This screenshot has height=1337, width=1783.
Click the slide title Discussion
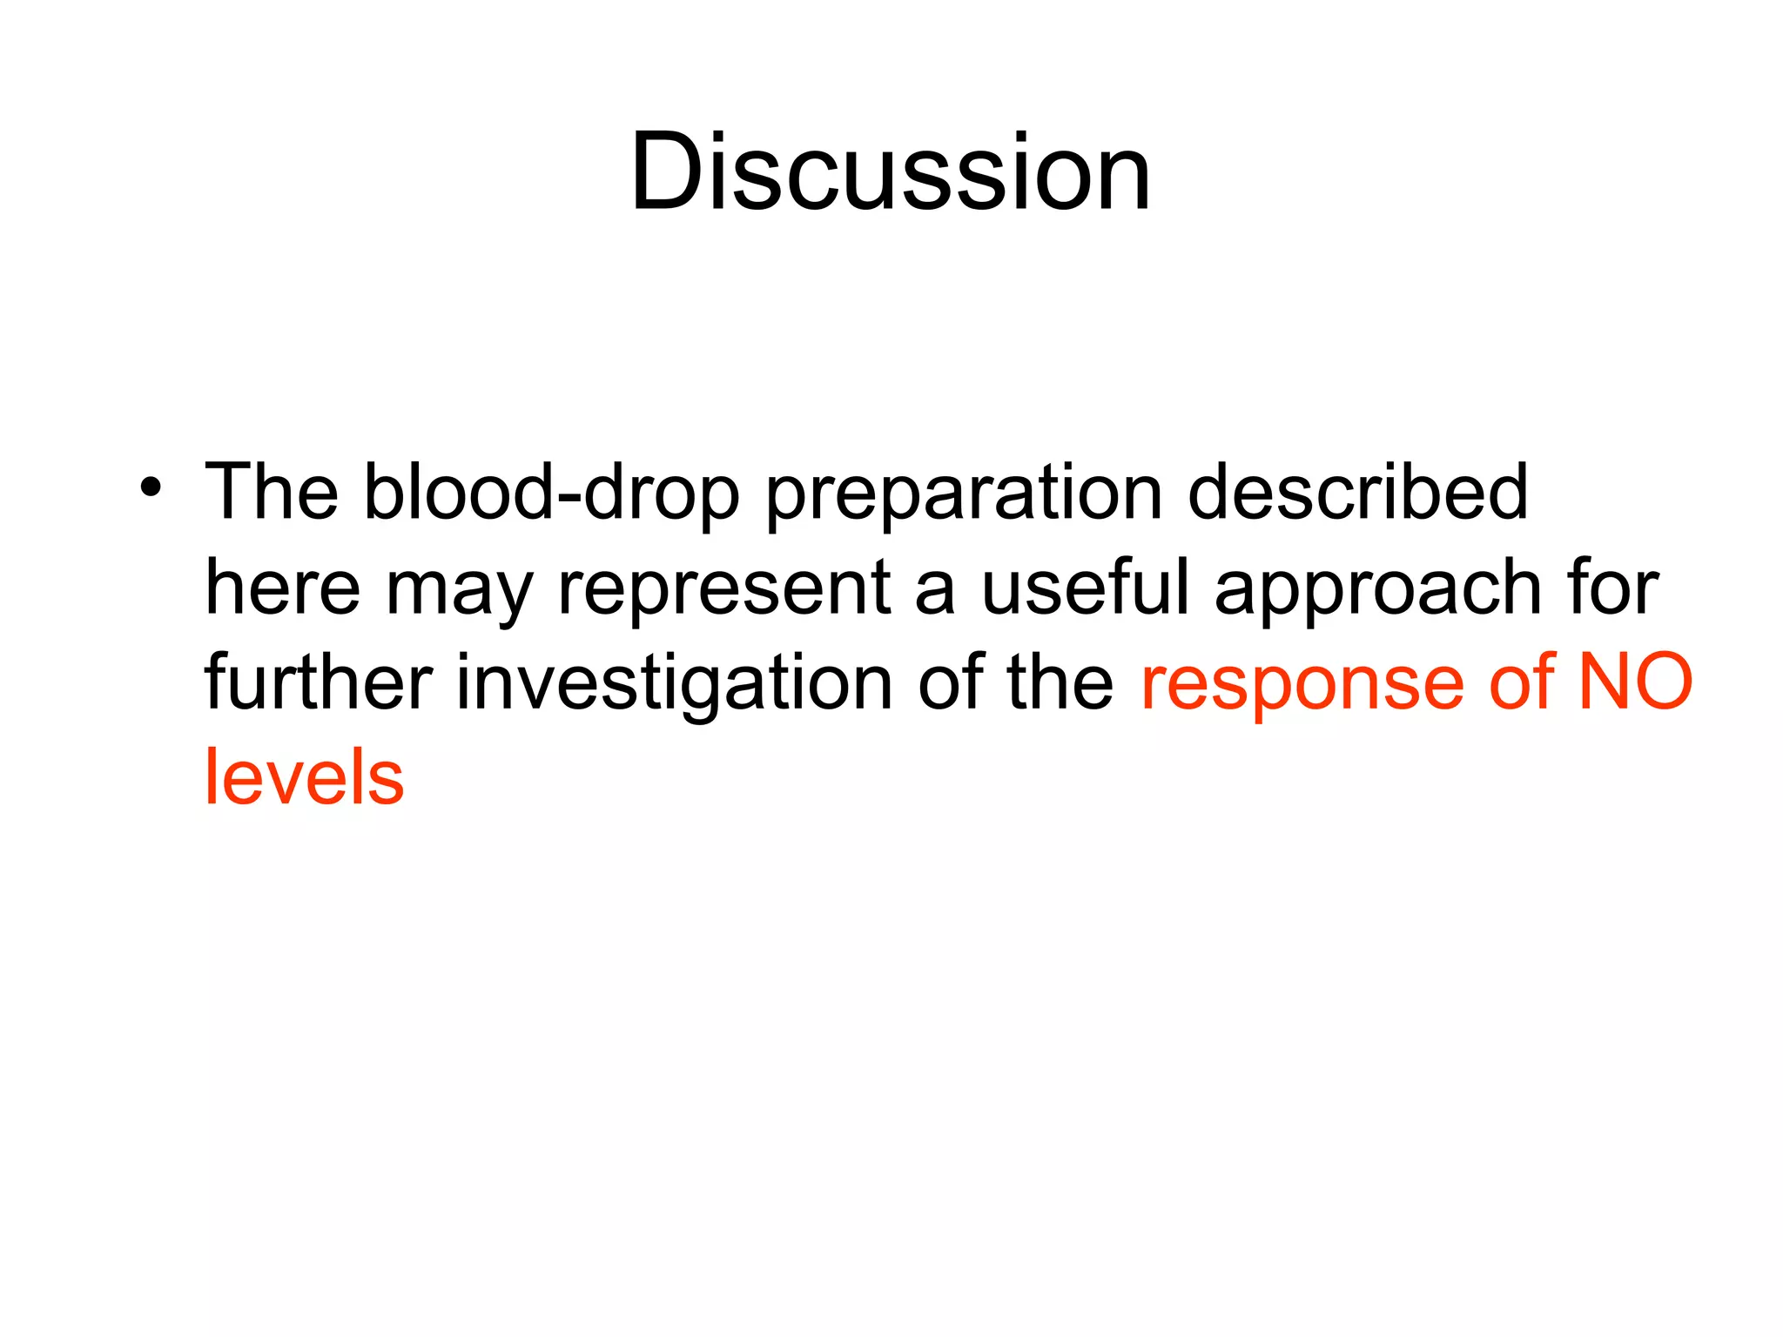(891, 171)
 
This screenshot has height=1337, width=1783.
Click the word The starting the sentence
(271, 493)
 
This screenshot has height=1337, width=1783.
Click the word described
(1357, 493)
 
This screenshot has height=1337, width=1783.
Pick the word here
(282, 588)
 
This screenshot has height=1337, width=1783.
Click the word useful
(1084, 587)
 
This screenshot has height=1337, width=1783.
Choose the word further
(319, 682)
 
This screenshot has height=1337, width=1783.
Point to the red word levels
(304, 778)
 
